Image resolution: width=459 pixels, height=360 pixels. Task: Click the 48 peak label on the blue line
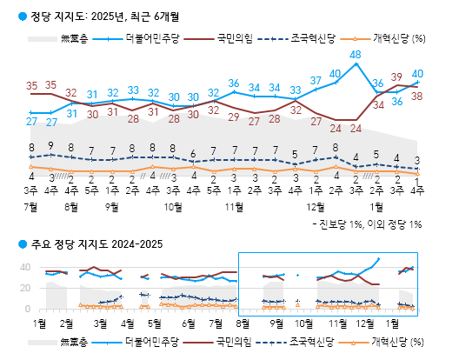356,55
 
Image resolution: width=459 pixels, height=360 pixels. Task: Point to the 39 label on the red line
396,77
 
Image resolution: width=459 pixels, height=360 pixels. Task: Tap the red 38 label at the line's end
417,96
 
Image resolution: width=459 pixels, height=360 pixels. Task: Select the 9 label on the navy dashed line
51,146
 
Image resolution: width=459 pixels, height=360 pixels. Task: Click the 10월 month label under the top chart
173,208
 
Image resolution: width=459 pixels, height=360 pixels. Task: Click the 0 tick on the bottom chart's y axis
28,309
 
